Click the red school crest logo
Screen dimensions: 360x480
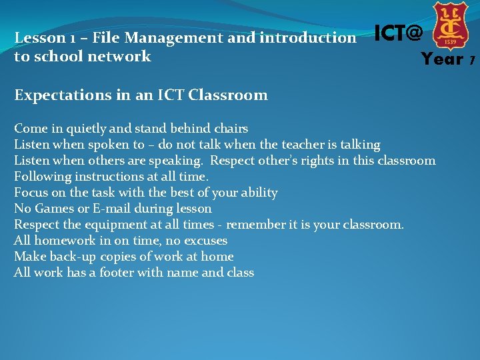(x=450, y=25)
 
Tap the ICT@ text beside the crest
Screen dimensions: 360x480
(x=398, y=32)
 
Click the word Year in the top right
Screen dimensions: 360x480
(x=442, y=59)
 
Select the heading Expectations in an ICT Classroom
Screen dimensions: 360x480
(x=141, y=95)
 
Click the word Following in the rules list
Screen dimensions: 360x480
(x=42, y=176)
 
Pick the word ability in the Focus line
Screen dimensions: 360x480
(x=256, y=192)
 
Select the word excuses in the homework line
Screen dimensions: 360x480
(x=204, y=240)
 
